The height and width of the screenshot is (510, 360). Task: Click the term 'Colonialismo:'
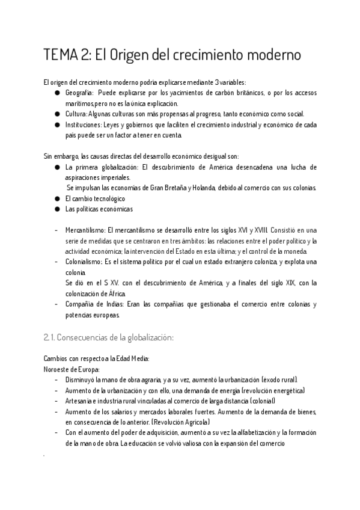(84, 262)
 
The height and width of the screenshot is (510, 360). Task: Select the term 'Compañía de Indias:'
(92, 304)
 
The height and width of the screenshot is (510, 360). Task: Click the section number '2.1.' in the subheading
(52, 338)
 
